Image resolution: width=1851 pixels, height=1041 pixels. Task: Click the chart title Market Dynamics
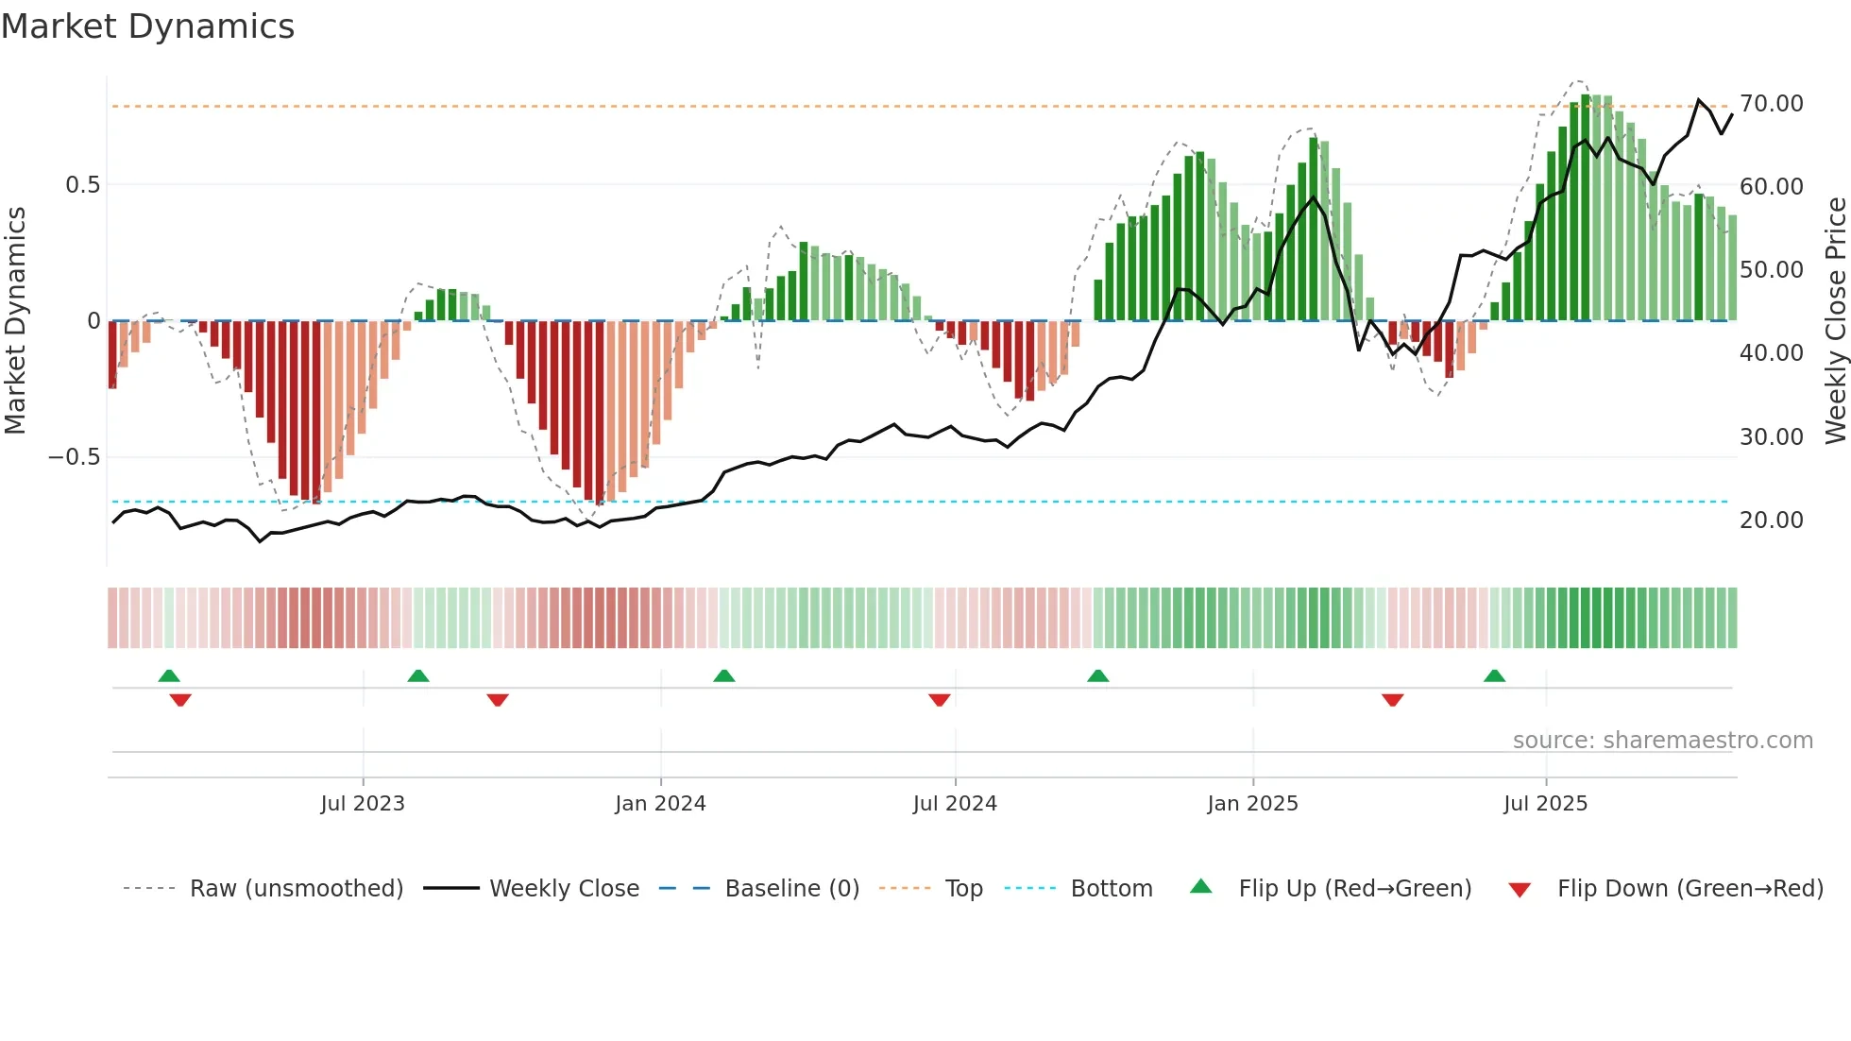pos(147,26)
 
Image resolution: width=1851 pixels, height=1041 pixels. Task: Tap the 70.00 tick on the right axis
pos(1771,104)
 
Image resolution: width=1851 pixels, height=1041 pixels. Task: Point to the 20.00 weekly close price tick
pos(1771,520)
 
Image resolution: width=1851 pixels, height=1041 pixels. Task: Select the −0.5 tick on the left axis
pos(74,457)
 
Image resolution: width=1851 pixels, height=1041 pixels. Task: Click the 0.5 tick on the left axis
pos(82,185)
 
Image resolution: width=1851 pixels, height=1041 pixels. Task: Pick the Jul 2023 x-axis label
pos(363,804)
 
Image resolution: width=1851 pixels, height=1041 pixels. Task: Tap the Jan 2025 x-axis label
pos(1252,804)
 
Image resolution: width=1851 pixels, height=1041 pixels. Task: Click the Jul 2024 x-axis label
pos(955,804)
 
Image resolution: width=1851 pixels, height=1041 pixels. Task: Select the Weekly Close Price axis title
pos(1835,321)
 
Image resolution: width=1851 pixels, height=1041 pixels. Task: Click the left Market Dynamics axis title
pos(15,321)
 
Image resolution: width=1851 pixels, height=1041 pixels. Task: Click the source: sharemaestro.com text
pos(1662,741)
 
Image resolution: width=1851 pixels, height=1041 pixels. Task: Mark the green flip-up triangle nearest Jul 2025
pos(1494,676)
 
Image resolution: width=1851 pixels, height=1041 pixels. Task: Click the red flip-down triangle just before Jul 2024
pos(939,700)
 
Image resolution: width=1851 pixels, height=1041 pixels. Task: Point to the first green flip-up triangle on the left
pos(169,676)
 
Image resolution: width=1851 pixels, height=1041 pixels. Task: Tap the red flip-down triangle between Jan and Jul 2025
pos(1392,700)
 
